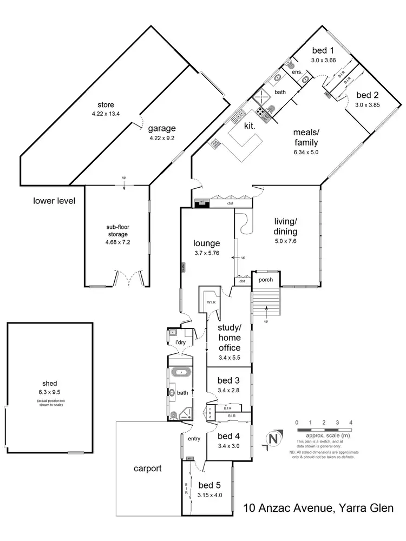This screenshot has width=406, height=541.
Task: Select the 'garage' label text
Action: pyautogui.click(x=163, y=128)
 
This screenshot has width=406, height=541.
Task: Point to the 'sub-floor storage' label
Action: pyautogui.click(x=117, y=231)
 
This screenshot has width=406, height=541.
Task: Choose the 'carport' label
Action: pyautogui.click(x=148, y=469)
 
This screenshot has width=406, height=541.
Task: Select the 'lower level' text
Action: pyautogui.click(x=54, y=201)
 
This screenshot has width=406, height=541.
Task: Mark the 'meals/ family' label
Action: pyautogui.click(x=305, y=137)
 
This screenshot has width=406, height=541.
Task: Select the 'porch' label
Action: pyautogui.click(x=265, y=280)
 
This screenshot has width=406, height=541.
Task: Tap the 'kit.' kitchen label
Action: pyautogui.click(x=249, y=125)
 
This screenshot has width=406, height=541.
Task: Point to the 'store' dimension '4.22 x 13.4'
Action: pyautogui.click(x=106, y=114)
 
